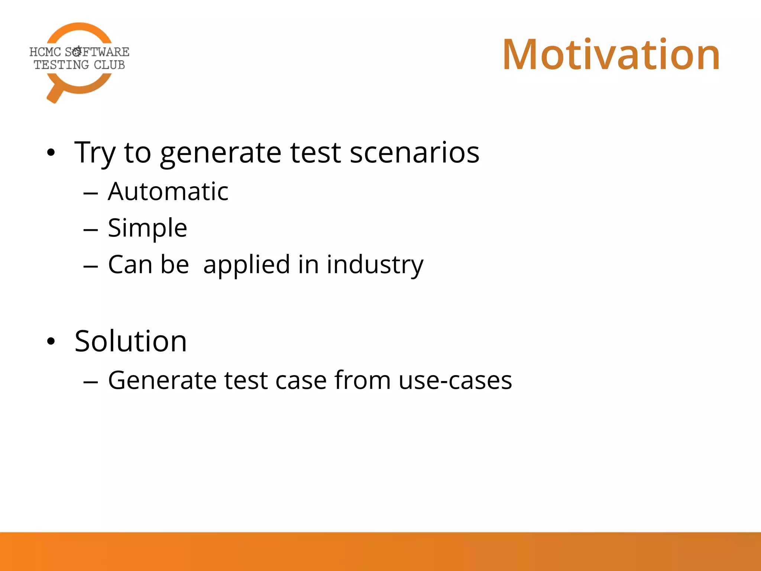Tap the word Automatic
(x=168, y=192)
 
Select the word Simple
(x=147, y=228)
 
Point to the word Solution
(x=130, y=341)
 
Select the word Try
(x=95, y=153)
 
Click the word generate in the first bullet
(x=221, y=153)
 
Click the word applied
(x=246, y=265)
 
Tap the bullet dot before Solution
(x=51, y=341)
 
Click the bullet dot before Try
(x=51, y=152)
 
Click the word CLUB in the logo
(x=109, y=65)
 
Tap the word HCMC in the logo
(x=45, y=52)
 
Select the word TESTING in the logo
(x=61, y=65)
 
